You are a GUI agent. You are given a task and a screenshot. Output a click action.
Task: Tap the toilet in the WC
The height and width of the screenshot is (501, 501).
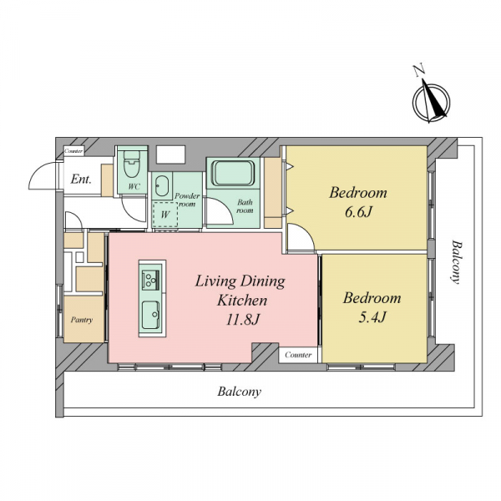tap(132, 164)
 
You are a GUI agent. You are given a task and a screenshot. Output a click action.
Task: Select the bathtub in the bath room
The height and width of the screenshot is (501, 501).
tap(233, 174)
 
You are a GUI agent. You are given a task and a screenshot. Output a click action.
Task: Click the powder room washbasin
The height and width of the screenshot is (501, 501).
tap(162, 186)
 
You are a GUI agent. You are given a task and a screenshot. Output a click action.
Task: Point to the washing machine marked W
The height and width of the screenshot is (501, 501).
tap(164, 215)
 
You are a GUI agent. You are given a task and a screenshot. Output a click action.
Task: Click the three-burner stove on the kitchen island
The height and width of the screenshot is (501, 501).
tap(150, 281)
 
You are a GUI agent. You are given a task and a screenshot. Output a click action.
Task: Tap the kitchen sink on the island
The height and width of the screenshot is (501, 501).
tap(151, 315)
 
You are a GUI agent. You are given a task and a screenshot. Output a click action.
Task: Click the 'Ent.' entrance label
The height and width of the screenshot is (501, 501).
tap(81, 179)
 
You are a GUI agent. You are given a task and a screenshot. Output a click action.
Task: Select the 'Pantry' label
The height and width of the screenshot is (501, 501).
tap(82, 320)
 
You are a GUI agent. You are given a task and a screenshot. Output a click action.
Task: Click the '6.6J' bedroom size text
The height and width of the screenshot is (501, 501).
tap(358, 212)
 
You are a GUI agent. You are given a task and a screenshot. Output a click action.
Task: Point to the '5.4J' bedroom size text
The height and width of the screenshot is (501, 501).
tap(372, 317)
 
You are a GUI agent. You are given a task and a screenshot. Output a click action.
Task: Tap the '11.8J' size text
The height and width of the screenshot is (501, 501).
tap(242, 319)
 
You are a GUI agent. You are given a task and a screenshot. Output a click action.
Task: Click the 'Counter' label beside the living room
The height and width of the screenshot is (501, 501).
tap(298, 355)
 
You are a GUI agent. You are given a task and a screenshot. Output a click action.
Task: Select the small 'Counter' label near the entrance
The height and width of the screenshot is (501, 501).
tap(73, 151)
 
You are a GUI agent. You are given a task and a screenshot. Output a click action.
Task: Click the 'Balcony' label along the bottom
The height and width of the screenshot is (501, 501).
tap(240, 392)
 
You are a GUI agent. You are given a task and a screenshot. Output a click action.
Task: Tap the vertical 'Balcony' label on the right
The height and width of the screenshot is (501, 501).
tap(458, 262)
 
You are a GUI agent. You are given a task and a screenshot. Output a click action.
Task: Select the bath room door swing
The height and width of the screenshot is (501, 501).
tap(225, 208)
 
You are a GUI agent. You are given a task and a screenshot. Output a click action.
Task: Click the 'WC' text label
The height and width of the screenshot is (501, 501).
tap(134, 186)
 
